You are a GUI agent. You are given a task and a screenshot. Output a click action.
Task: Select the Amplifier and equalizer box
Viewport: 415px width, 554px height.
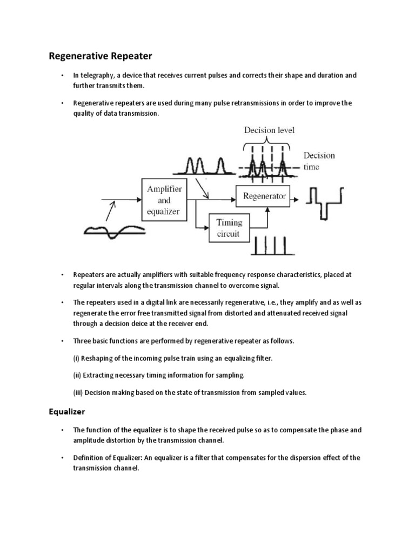(165, 200)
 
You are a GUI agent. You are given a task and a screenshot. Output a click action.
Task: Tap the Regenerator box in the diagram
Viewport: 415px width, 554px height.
(263, 196)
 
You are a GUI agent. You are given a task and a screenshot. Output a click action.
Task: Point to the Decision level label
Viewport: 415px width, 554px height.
(270, 130)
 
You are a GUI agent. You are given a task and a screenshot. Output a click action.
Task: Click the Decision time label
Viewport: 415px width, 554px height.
(319, 161)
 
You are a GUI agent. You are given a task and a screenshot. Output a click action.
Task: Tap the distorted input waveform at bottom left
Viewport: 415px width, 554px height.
(114, 232)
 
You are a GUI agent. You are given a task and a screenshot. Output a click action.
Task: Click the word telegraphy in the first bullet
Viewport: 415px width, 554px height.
(97, 75)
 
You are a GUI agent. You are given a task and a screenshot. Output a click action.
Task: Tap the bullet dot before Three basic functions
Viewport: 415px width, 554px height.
(63, 341)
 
